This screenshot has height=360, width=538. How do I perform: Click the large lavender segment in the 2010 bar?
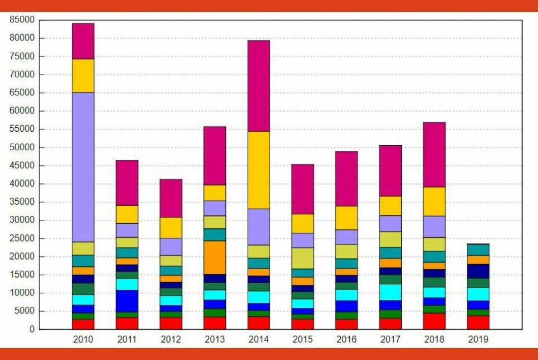point(83,167)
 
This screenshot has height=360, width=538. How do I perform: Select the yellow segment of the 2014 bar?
point(259,170)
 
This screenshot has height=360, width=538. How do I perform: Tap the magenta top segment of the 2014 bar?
point(259,86)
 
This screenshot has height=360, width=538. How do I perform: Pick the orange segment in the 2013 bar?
point(215,257)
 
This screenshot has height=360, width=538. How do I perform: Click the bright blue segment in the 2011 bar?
point(127,301)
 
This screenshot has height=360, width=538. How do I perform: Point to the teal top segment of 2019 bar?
point(479,250)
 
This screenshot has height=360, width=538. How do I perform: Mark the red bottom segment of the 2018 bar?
point(434,321)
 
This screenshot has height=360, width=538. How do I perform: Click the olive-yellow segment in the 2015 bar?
point(303,259)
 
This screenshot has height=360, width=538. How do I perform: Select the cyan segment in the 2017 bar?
point(391,292)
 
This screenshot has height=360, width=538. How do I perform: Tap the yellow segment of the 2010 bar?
point(83,76)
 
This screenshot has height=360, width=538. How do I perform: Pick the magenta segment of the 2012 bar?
point(171,198)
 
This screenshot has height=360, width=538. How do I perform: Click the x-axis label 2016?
point(347,339)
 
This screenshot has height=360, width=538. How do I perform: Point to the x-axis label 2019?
point(479,339)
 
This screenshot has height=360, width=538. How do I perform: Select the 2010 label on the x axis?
point(83,339)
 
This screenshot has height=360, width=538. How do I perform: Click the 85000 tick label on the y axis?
point(22,20)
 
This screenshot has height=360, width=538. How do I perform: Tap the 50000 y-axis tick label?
point(22,147)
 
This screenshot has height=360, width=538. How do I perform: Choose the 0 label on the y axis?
point(33,329)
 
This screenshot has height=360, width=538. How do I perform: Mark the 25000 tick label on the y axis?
point(22,238)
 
